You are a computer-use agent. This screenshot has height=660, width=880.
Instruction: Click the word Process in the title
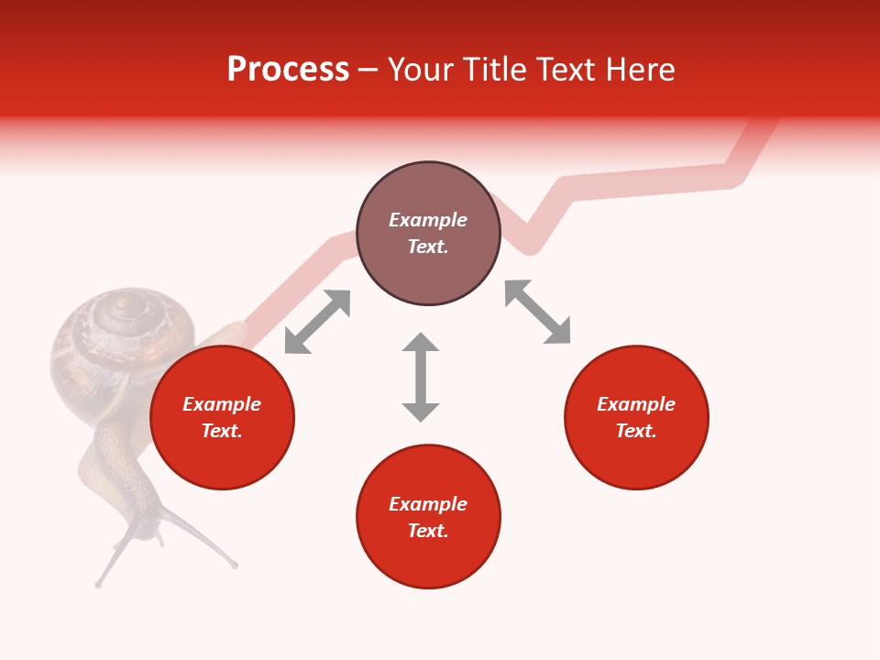[x=288, y=70]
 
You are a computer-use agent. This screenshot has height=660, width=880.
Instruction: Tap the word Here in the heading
[x=639, y=70]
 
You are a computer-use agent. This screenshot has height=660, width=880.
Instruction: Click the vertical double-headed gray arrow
[x=421, y=377]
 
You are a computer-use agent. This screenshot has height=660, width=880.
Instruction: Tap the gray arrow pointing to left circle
[x=317, y=322]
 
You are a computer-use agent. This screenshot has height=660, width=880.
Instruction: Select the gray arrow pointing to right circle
[x=537, y=312]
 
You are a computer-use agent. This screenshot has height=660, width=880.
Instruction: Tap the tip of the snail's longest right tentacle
[x=235, y=566]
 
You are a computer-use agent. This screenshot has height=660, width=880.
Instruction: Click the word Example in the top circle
[x=428, y=220]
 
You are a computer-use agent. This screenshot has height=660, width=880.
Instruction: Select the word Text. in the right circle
[x=636, y=431]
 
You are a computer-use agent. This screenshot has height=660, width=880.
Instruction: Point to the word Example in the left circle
[x=222, y=404]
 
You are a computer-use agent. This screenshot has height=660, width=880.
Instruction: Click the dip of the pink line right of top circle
[x=530, y=246]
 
